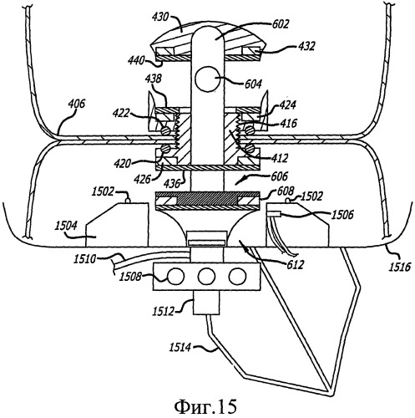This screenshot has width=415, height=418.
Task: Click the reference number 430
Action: coord(160,17)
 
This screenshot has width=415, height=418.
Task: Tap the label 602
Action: coord(281,24)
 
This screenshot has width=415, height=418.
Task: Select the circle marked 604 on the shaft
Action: coord(207,79)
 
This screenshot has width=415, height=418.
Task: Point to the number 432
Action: coord(306,46)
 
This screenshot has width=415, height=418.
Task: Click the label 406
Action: coord(77,104)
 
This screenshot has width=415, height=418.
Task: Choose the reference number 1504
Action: coord(66,226)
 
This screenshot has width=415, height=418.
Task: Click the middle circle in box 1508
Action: coord(207,277)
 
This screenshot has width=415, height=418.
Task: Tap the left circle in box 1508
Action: coord(175,277)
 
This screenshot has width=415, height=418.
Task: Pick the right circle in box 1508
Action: coord(238,277)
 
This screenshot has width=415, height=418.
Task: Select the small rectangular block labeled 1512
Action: coord(206,303)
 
